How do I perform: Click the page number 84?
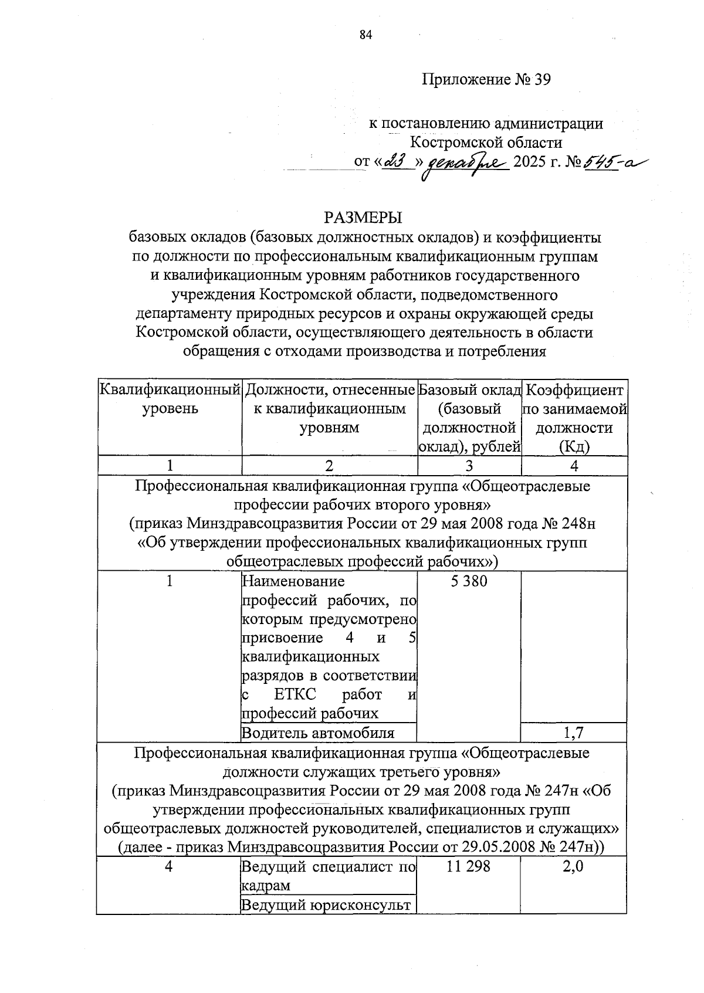366,35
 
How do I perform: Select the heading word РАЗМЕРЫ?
363,218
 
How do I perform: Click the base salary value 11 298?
468,866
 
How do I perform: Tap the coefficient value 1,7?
574,732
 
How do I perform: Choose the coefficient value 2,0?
573,866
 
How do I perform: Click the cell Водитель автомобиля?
318,733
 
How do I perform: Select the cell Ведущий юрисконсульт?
326,905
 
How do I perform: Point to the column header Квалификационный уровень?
170,399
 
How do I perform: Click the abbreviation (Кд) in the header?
574,447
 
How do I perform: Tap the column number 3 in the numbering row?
469,466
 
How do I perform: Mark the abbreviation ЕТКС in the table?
295,695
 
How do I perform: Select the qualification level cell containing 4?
169,866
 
